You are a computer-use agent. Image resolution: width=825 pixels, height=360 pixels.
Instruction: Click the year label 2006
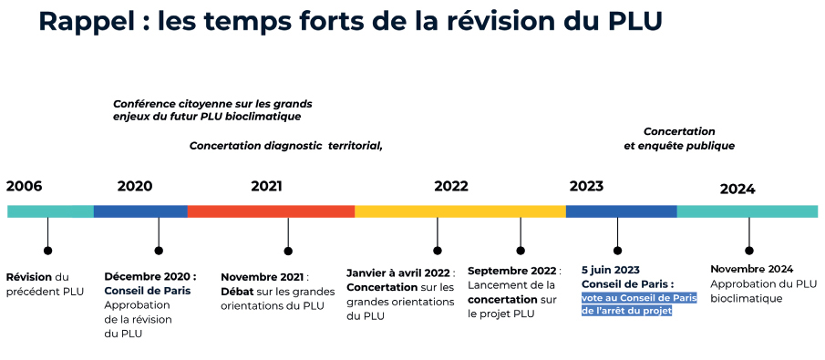point(25,187)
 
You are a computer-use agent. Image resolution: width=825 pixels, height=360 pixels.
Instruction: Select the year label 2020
point(135,187)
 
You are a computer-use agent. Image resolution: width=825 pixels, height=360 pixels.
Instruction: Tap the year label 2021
point(267,187)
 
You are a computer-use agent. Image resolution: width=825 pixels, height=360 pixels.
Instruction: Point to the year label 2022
point(451,187)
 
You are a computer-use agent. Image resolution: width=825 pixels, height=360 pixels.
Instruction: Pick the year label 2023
point(587,187)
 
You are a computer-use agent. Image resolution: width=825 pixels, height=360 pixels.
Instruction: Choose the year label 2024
point(737,190)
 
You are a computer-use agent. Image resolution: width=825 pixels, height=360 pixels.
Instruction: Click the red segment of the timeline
point(271,211)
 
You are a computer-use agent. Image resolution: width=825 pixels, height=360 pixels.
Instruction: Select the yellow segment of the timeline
point(460,211)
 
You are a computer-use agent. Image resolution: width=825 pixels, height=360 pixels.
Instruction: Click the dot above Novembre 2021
point(288,251)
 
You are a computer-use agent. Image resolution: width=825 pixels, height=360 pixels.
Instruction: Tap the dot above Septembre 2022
point(521,251)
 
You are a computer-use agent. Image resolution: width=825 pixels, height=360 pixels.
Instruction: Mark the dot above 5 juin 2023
point(618,251)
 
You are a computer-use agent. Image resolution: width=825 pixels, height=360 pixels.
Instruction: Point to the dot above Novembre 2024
point(749,251)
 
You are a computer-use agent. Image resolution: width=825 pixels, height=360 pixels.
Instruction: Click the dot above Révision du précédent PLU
point(48,251)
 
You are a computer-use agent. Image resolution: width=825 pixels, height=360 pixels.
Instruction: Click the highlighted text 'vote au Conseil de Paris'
point(639,298)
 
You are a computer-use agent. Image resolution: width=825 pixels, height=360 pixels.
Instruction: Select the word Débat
point(237,292)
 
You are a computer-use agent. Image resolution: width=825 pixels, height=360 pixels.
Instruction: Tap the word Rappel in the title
point(88,22)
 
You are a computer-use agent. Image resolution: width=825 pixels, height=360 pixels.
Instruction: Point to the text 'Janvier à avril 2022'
point(398,273)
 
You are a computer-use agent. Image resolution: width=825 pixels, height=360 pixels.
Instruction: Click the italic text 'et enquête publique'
point(679,146)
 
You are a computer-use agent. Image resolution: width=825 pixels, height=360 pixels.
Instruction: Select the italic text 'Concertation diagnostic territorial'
point(285,146)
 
